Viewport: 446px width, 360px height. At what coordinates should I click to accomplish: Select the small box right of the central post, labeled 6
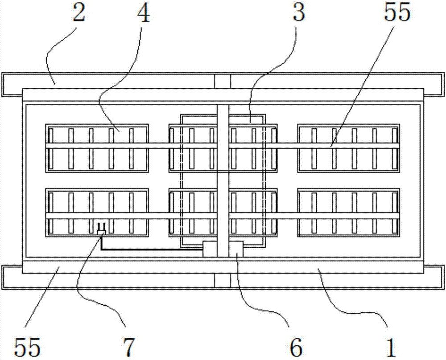235,249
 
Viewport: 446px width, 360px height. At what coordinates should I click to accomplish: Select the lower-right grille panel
349,212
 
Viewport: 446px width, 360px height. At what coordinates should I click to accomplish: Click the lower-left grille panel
97,212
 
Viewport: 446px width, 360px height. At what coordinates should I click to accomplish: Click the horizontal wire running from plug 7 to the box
152,250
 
